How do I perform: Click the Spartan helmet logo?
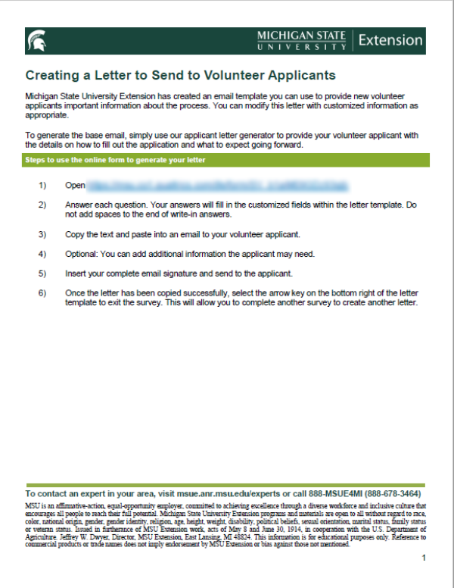click(36, 41)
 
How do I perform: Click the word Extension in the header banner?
click(390, 40)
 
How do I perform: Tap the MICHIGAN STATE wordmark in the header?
click(301, 36)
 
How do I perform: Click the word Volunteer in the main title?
click(239, 76)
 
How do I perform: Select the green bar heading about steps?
click(115, 161)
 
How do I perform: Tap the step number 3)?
click(42, 234)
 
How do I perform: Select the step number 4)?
click(42, 253)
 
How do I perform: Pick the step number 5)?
click(42, 273)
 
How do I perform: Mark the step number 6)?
click(42, 292)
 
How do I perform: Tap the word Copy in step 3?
click(75, 234)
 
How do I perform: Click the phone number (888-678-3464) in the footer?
click(386, 493)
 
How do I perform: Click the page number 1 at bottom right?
click(424, 558)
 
